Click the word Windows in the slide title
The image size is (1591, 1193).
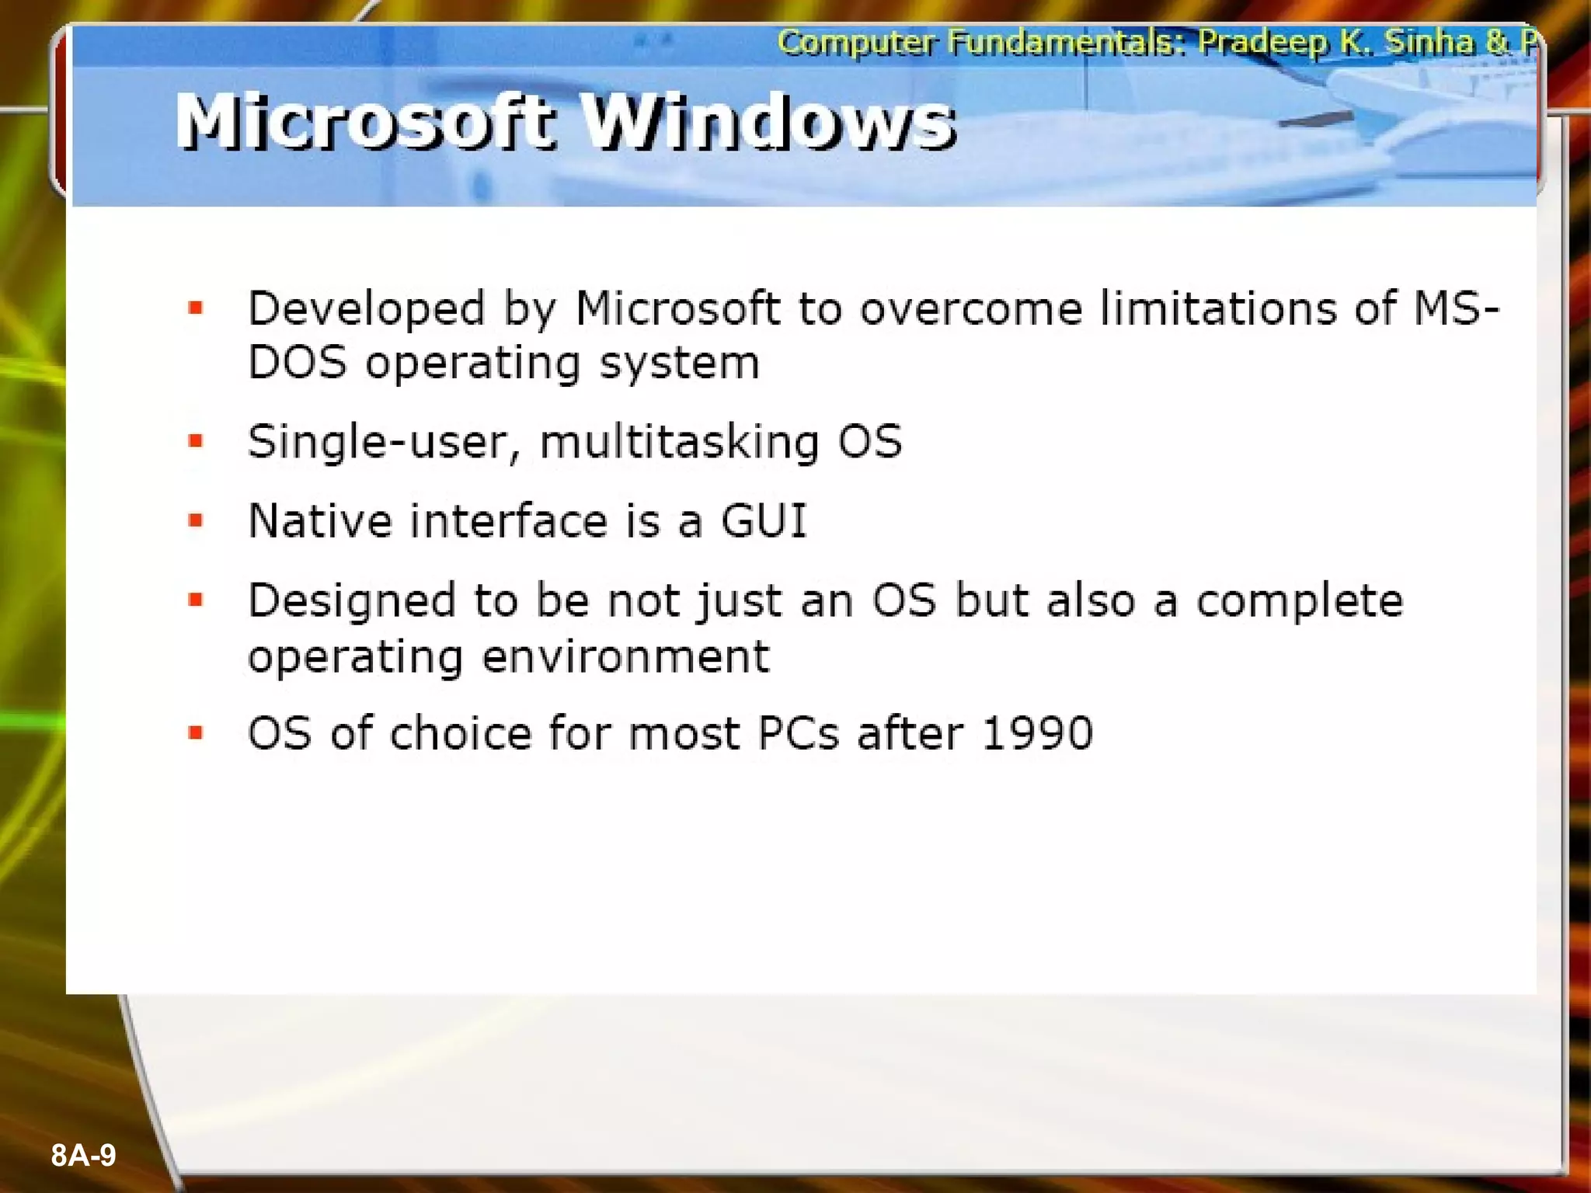pyautogui.click(x=769, y=122)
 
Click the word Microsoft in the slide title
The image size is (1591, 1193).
pyautogui.click(x=365, y=122)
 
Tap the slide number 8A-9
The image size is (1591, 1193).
pyautogui.click(x=83, y=1155)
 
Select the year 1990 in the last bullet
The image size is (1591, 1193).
pyautogui.click(x=1037, y=732)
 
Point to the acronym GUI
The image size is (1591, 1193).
pyautogui.click(x=764, y=520)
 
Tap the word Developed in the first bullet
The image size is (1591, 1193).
pyautogui.click(x=366, y=309)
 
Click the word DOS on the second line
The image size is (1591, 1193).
pyautogui.click(x=297, y=363)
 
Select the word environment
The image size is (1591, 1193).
pyautogui.click(x=625, y=657)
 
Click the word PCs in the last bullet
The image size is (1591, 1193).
pyautogui.click(x=798, y=732)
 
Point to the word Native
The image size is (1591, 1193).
pyautogui.click(x=319, y=520)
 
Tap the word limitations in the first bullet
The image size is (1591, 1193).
pyautogui.click(x=1218, y=308)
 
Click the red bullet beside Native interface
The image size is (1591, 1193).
pyautogui.click(x=196, y=520)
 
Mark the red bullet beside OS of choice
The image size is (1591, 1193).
pyautogui.click(x=196, y=732)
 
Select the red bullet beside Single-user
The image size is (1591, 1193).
pyautogui.click(x=196, y=441)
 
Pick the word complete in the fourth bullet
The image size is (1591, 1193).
pyautogui.click(x=1299, y=601)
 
